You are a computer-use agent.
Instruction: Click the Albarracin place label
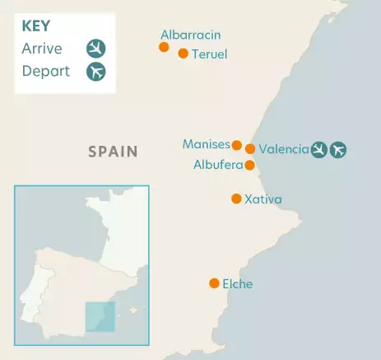(190, 35)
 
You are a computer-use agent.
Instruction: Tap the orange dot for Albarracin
(164, 47)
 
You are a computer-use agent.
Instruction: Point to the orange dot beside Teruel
(184, 54)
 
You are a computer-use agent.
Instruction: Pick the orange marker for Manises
(237, 145)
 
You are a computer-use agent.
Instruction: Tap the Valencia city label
(283, 149)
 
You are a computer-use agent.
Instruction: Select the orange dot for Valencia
(250, 149)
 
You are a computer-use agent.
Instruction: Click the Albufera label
(218, 165)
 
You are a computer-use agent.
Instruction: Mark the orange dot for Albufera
(249, 165)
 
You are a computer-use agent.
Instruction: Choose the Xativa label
(263, 199)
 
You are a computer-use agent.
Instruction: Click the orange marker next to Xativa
(237, 199)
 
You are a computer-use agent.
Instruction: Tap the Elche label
(237, 284)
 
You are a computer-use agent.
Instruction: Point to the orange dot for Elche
(214, 283)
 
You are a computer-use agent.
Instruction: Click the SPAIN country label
(113, 152)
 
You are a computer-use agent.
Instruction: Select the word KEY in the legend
(36, 26)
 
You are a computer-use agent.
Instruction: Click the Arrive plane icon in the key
(96, 48)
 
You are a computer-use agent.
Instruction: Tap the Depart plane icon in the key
(96, 71)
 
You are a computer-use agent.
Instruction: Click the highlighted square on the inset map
(100, 316)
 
